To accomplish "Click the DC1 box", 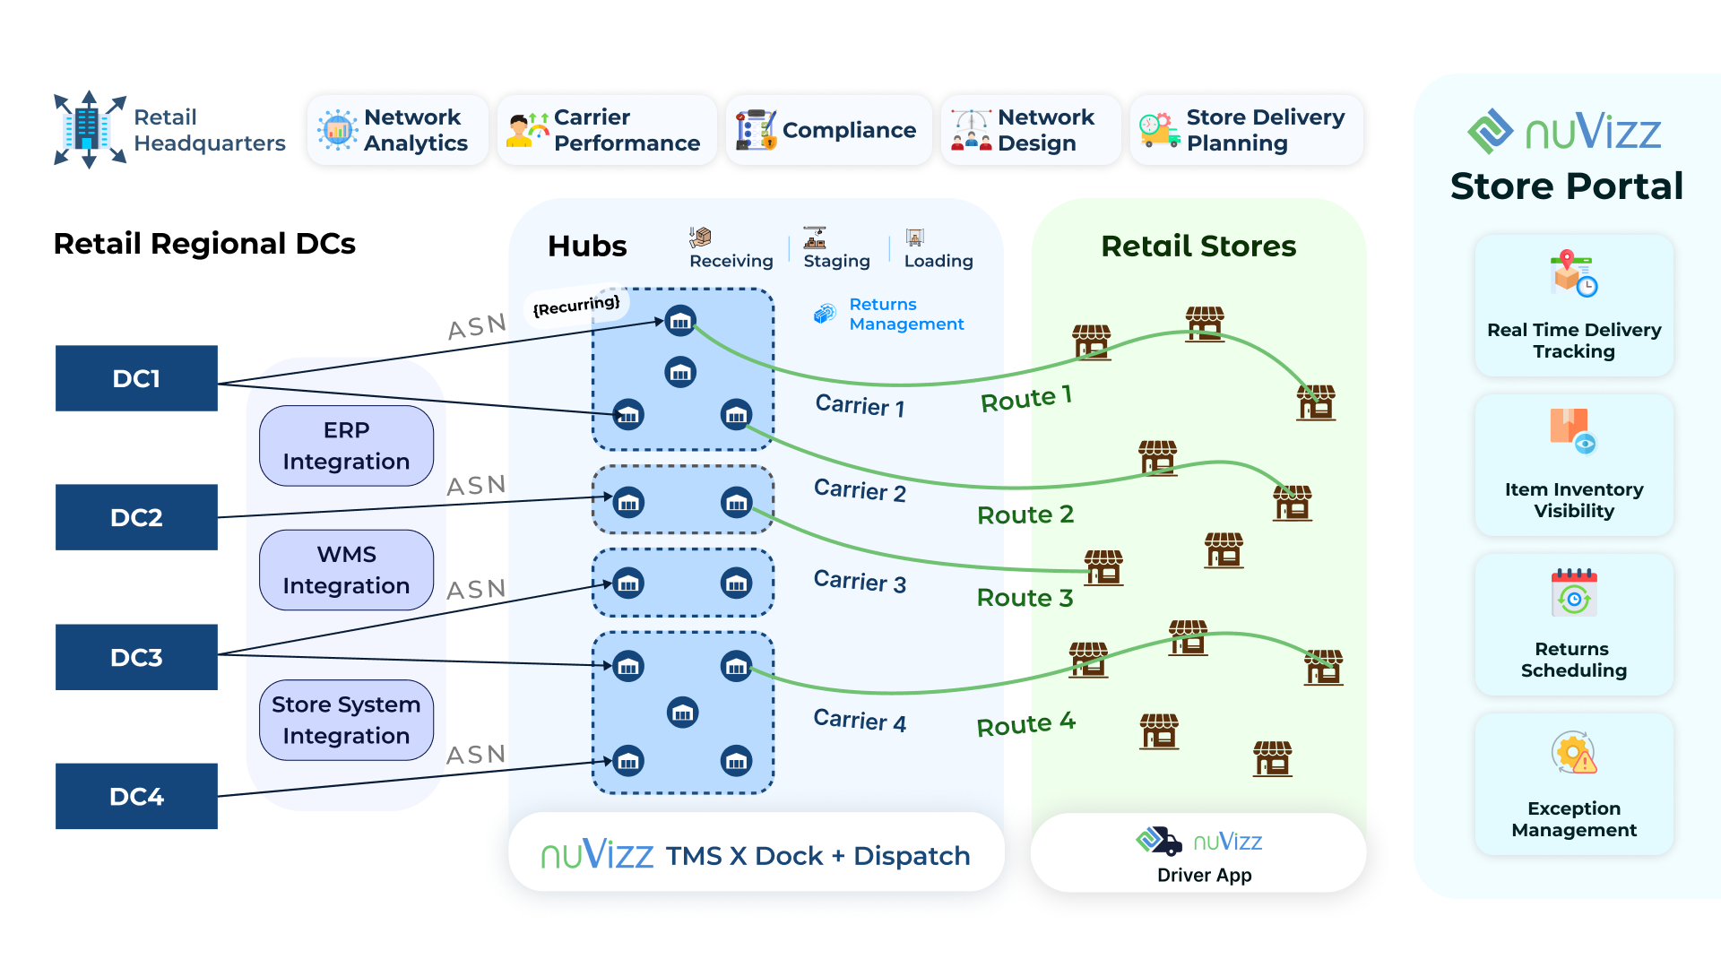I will (136, 378).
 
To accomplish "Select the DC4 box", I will (136, 796).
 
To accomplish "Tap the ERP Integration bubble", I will (346, 445).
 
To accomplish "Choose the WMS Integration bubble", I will (346, 570).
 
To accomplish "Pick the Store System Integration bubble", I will (346, 720).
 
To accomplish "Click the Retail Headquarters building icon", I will (89, 129).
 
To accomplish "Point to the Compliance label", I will (848, 130).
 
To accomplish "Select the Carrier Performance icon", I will (528, 130).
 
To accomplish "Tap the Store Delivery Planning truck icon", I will (1158, 131).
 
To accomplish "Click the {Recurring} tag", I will (576, 306).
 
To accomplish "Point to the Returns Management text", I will (905, 315).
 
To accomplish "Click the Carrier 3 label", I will (860, 582).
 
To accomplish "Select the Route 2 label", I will (1025, 514).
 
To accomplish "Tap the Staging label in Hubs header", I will (836, 261).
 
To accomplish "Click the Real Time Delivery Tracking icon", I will (1573, 273).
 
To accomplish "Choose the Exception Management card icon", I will (1574, 753).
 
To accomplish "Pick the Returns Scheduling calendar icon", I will (1574, 592).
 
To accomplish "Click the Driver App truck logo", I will (1159, 841).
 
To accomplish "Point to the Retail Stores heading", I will (1198, 246).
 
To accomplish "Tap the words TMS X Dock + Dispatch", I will (817, 856).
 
